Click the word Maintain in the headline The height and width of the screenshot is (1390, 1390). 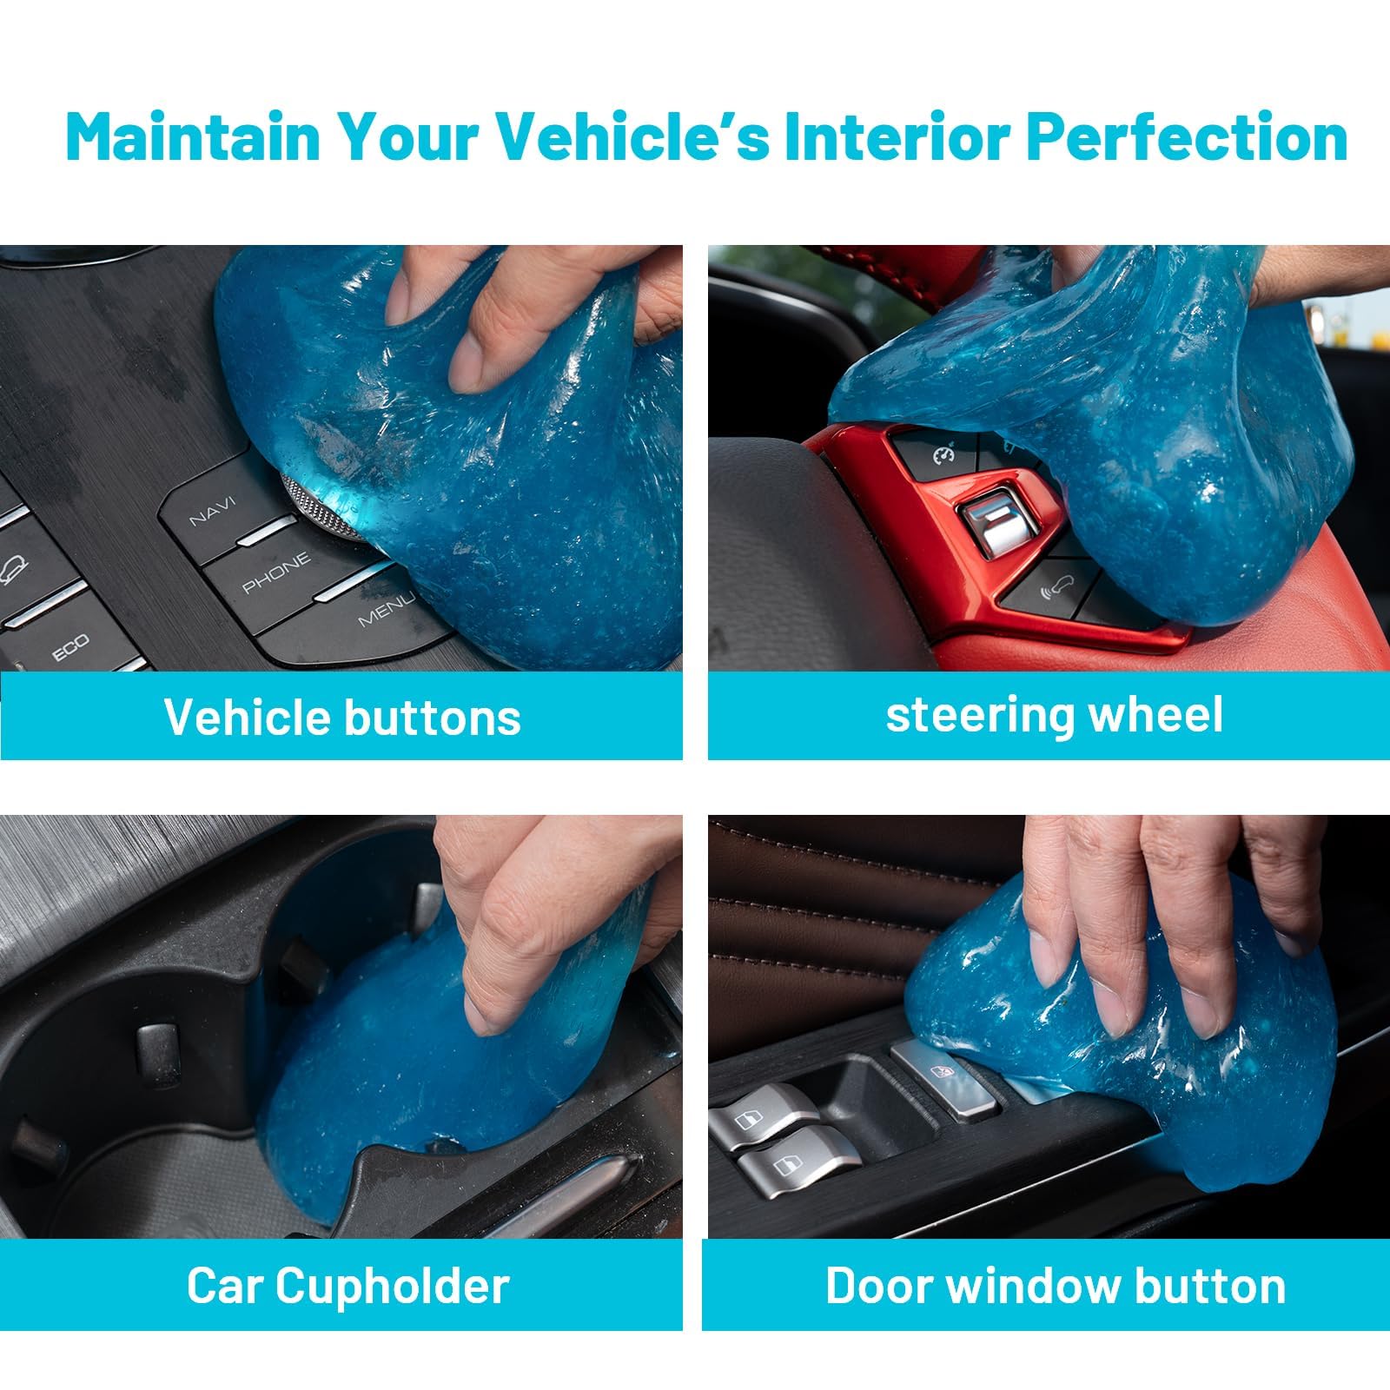click(194, 137)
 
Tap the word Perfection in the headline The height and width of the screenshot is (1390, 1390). click(1187, 137)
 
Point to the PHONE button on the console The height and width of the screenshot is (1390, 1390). click(276, 573)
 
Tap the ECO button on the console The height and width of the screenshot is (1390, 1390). click(69, 647)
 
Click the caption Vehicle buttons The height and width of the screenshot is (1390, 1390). click(342, 718)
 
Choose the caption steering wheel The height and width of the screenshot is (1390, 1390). click(1054, 715)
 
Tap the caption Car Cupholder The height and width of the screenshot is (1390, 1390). click(347, 1286)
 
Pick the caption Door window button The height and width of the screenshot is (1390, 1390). click(1056, 1286)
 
